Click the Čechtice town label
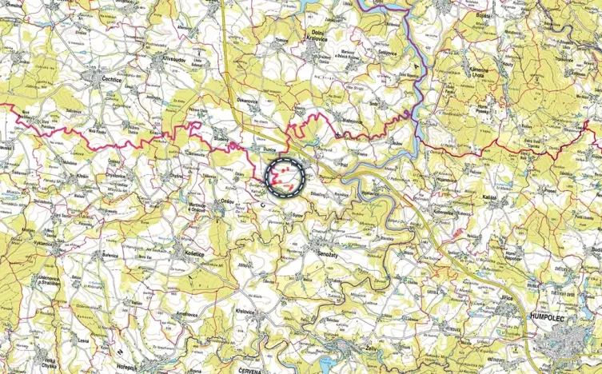point(113,82)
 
